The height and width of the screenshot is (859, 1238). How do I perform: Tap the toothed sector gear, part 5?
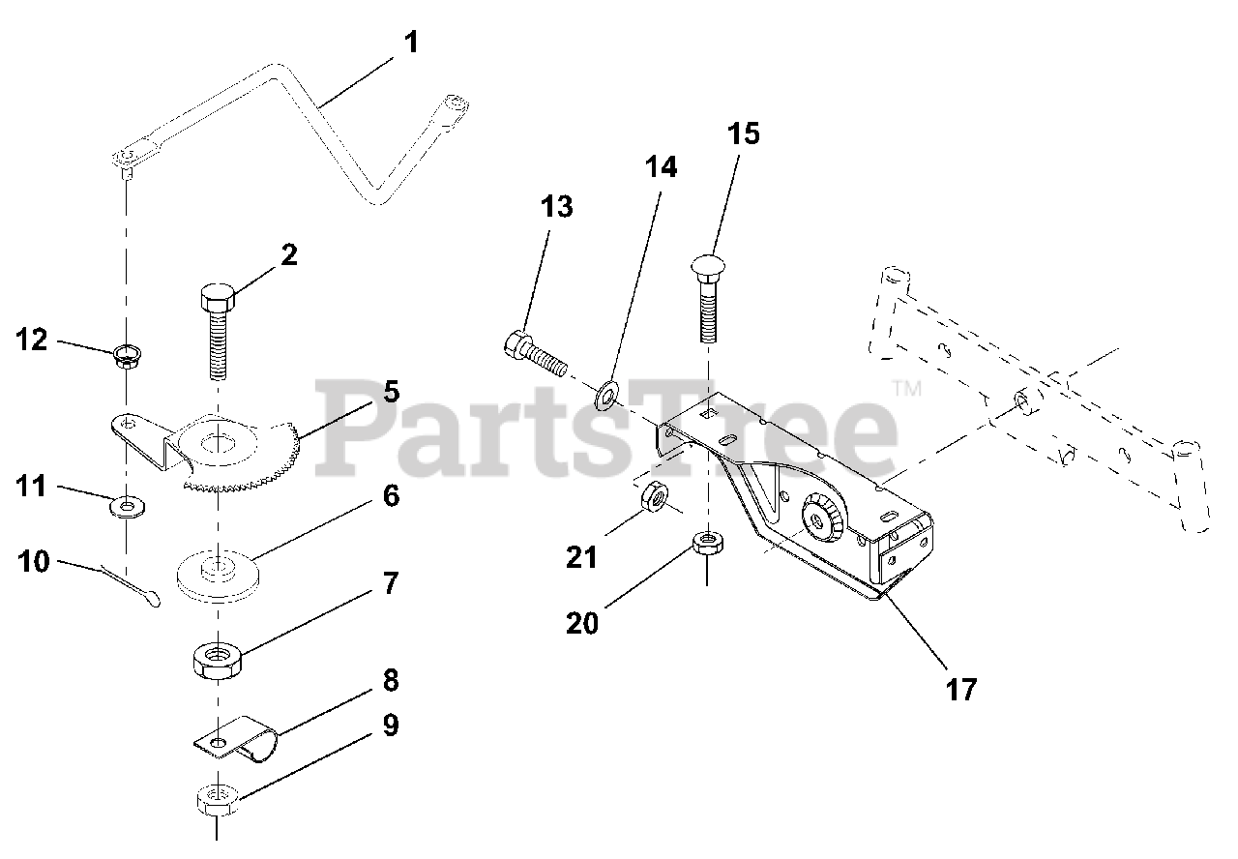point(242,449)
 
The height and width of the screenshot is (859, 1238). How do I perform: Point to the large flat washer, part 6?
point(220,573)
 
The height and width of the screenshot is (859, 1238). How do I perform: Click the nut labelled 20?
point(708,543)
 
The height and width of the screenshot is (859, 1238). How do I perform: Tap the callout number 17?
point(962,689)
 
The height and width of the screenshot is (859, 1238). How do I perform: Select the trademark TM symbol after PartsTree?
point(906,389)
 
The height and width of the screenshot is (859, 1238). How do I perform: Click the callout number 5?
point(390,392)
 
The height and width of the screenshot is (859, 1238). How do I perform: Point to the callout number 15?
point(744,134)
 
